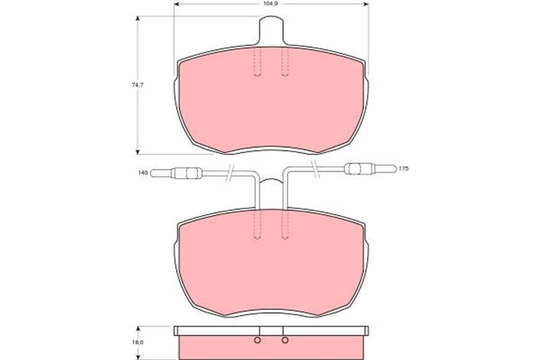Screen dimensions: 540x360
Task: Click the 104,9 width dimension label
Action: [x=272, y=4]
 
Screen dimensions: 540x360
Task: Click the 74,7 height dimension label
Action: [x=138, y=84]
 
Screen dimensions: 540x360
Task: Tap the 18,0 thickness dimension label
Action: [x=138, y=342]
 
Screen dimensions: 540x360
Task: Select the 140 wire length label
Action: [x=142, y=172]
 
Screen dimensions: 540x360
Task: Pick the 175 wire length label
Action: [x=403, y=168]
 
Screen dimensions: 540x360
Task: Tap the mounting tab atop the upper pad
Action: [x=271, y=30]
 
